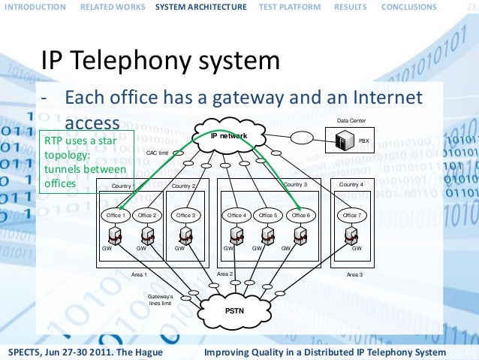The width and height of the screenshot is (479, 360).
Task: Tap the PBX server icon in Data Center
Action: pos(345,140)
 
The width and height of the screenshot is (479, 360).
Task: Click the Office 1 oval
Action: pos(116,215)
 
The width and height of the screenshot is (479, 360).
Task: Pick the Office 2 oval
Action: pos(147,215)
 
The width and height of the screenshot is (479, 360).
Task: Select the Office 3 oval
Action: pos(185,215)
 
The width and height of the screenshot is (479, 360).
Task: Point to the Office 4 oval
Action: pos(236,215)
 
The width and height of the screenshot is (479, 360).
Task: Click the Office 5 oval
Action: pos(268,215)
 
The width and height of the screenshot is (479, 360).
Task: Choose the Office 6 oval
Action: pos(300,215)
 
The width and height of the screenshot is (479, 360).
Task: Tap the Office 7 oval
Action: pos(351,215)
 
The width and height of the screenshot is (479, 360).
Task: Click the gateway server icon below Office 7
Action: pos(350,237)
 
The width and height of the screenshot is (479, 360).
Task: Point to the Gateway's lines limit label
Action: pos(161,299)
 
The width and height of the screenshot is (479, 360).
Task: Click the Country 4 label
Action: pos(351,184)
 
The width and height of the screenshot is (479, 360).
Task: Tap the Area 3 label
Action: pos(354,275)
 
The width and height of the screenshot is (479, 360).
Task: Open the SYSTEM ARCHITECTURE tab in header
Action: pos(200,8)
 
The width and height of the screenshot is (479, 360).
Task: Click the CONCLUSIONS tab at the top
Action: pos(408,8)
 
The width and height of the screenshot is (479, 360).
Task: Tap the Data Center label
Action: pos(352,119)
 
